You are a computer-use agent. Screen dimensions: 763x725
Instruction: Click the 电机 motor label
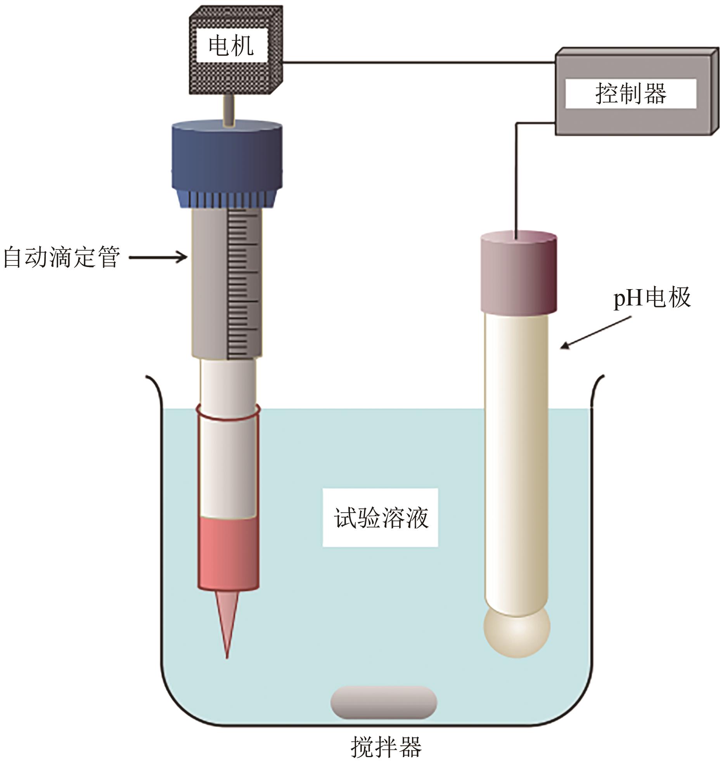coord(231,46)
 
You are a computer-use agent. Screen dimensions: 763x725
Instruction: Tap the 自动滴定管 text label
coord(62,257)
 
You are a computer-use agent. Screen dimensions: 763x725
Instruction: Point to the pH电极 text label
coord(652,298)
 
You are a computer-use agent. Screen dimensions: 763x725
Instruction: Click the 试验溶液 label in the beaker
coord(381,518)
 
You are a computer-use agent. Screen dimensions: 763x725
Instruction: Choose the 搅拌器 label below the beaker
coord(386,746)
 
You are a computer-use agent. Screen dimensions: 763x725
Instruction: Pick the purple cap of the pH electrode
coord(519,273)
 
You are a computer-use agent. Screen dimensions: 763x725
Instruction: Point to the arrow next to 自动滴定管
coord(158,257)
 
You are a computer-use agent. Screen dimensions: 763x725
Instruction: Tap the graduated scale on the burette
coord(237,283)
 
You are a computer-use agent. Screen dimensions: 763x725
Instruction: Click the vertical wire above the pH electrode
coord(516,179)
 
